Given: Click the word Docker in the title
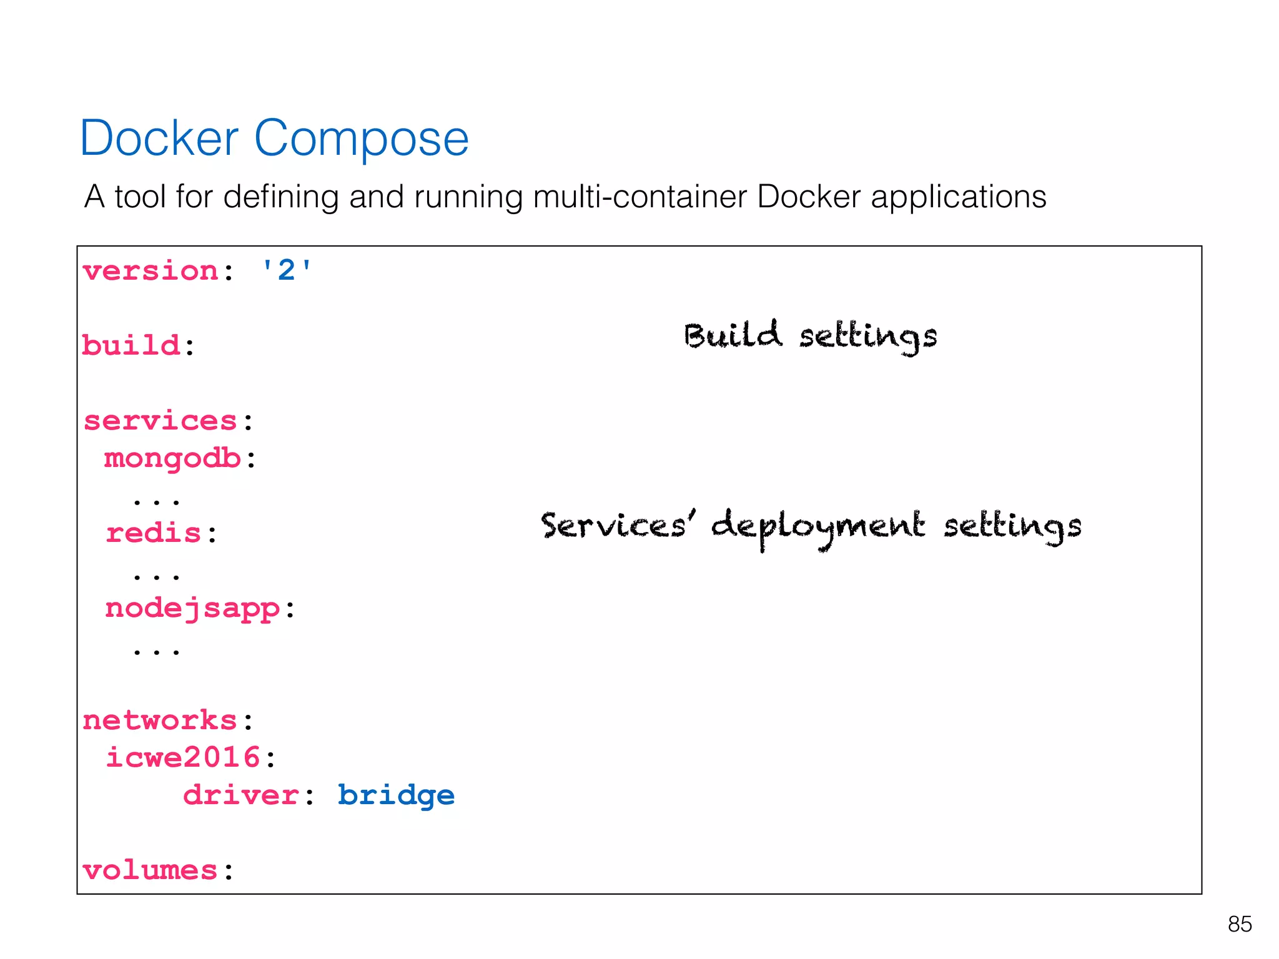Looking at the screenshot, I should pyautogui.click(x=159, y=138).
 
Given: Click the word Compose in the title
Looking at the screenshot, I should pyautogui.click(x=361, y=138).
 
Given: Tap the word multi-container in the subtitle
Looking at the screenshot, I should pyautogui.click(x=639, y=197).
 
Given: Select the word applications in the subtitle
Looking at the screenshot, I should pyautogui.click(x=958, y=197).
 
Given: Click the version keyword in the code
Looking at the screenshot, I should pyautogui.click(x=151, y=272).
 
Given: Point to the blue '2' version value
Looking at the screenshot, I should pyautogui.click(x=286, y=271).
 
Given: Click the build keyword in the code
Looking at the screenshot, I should pyautogui.click(x=131, y=345).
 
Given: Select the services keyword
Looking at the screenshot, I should pyautogui.click(x=160, y=421).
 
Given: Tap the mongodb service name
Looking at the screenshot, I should pyautogui.click(x=172, y=458).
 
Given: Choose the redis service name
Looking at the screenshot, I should pyautogui.click(x=154, y=533).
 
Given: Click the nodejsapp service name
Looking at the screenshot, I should pyautogui.click(x=192, y=608).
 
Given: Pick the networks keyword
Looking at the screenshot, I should pyautogui.click(x=160, y=720).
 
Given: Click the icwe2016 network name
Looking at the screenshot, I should pyautogui.click(x=183, y=757).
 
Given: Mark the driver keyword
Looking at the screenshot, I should pyautogui.click(x=241, y=795).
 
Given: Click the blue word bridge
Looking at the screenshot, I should pyautogui.click(x=396, y=795).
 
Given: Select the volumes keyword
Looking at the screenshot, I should pyautogui.click(x=150, y=870).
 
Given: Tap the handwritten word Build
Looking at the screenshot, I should pyautogui.click(x=732, y=335).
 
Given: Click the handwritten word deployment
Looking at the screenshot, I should pyautogui.click(x=817, y=526).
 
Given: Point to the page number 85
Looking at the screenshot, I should pyautogui.click(x=1239, y=924).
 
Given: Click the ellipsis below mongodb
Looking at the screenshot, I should pyautogui.click(x=156, y=500).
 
